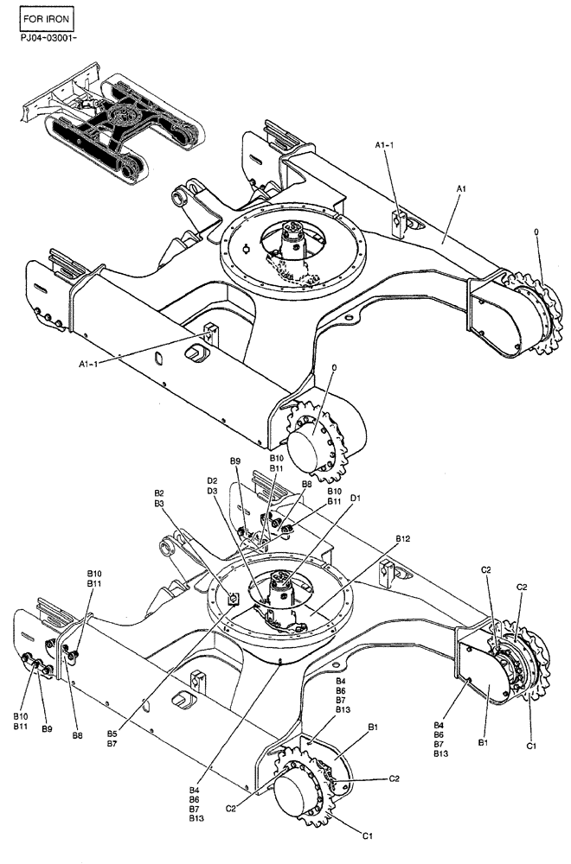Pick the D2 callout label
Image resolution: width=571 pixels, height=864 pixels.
click(212, 481)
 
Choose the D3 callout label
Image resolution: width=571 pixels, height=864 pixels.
click(212, 492)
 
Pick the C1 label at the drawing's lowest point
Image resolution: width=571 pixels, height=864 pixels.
click(367, 835)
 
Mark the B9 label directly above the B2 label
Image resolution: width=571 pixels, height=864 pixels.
click(234, 461)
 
